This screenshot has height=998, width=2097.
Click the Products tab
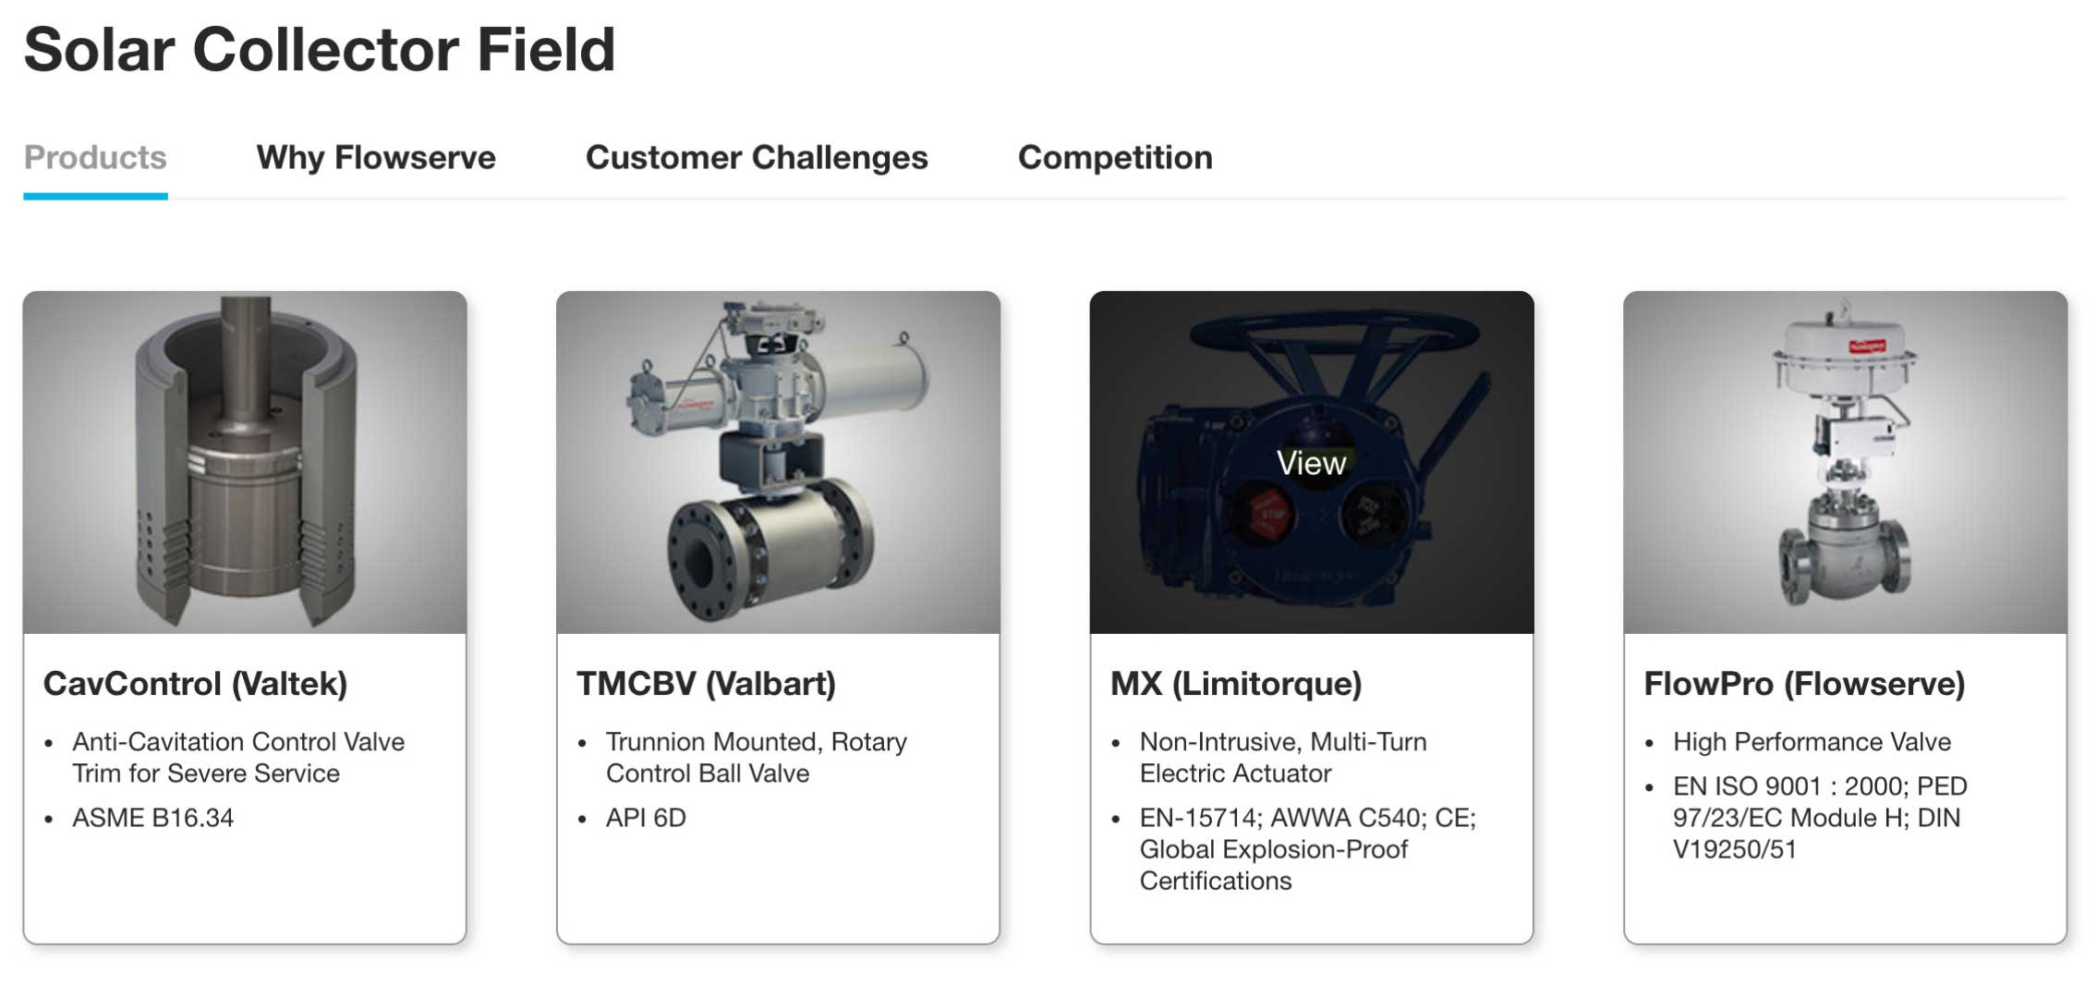click(x=95, y=157)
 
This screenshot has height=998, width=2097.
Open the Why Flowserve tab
click(x=376, y=157)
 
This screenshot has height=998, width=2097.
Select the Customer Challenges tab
click(x=757, y=158)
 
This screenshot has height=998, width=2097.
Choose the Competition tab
click(x=1115, y=158)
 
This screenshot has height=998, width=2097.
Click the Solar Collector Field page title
click(x=320, y=49)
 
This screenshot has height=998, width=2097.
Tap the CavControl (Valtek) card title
click(x=195, y=684)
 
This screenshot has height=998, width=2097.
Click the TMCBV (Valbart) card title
click(x=706, y=684)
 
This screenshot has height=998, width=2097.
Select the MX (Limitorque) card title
click(x=1236, y=684)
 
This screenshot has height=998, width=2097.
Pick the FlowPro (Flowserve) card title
click(x=1804, y=684)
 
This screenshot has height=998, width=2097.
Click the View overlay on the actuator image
click(x=1311, y=463)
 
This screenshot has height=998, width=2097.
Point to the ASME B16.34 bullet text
click(x=153, y=818)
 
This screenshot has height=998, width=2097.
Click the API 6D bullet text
click(x=646, y=818)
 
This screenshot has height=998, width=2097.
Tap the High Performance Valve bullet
click(x=1812, y=742)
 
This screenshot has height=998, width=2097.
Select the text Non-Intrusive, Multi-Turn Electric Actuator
click(x=1283, y=758)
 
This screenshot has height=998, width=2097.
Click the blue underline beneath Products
click(x=95, y=196)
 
